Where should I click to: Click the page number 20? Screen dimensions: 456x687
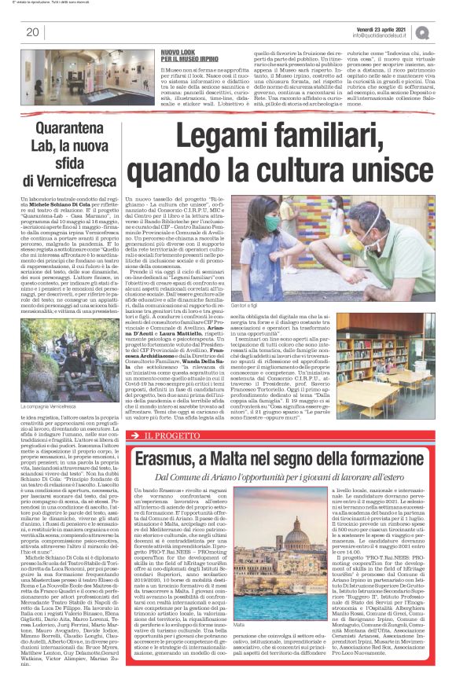click(32, 32)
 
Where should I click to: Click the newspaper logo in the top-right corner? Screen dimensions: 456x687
click(445, 31)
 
